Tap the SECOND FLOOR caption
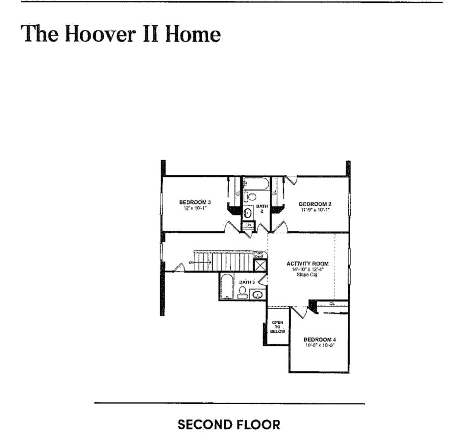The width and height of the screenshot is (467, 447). pos(229,425)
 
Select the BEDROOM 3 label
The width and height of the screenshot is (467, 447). pos(195,202)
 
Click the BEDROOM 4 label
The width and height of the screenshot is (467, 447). pos(320,340)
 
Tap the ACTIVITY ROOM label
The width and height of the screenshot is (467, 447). pos(307,264)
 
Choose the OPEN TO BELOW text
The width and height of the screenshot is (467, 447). pos(277,327)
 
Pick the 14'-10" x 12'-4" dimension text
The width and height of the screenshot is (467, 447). pos(307,269)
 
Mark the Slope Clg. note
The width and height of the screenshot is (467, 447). pos(307,275)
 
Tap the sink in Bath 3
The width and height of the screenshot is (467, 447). pos(258,294)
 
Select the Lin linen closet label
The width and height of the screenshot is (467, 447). pos(248,225)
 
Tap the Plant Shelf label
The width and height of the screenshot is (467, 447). pos(259,255)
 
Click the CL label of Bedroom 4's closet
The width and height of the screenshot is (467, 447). pos(332,303)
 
